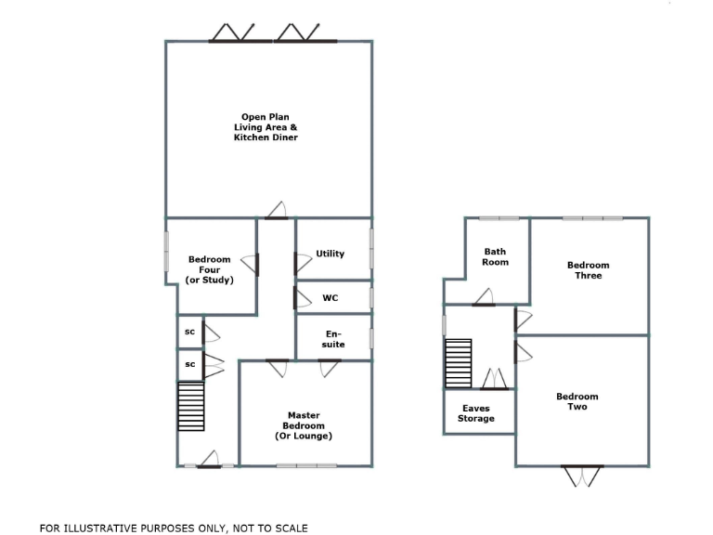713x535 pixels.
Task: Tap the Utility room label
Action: pyautogui.click(x=330, y=254)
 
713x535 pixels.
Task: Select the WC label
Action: pyautogui.click(x=330, y=298)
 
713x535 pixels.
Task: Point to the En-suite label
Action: pyautogui.click(x=334, y=339)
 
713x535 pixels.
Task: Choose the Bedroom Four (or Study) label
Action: pyautogui.click(x=209, y=269)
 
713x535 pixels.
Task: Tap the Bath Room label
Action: pyautogui.click(x=496, y=256)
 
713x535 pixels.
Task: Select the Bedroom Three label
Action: pyautogui.click(x=589, y=270)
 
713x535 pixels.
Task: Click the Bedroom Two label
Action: pyautogui.click(x=577, y=401)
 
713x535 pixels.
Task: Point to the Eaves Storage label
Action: pyautogui.click(x=476, y=413)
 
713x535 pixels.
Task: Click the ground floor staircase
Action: pyautogui.click(x=190, y=408)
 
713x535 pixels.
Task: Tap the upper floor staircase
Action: pyautogui.click(x=458, y=363)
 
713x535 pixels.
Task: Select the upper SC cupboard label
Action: pyautogui.click(x=189, y=332)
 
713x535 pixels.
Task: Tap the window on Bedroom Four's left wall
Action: pyautogui.click(x=167, y=251)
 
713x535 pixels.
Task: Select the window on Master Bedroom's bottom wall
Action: pyautogui.click(x=306, y=465)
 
